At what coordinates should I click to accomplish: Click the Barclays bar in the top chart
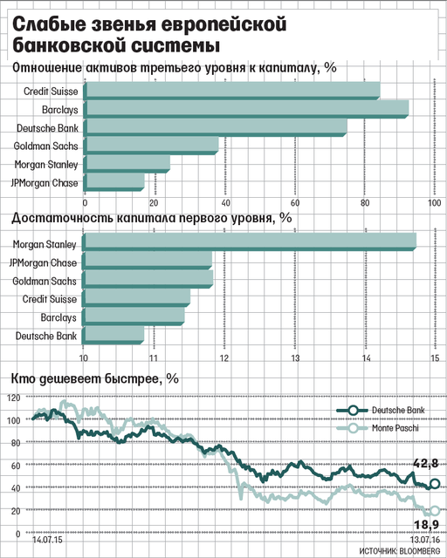pos(246,109)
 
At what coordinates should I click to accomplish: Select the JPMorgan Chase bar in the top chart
pos(114,182)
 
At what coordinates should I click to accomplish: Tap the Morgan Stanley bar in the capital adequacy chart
pos(249,242)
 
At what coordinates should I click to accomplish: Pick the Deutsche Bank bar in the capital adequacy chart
pos(113,335)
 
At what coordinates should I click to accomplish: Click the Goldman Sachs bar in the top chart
pos(151,146)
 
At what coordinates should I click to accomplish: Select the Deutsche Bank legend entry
pos(381,411)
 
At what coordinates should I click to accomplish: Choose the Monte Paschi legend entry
pos(378,427)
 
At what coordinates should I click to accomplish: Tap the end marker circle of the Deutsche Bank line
pos(435,483)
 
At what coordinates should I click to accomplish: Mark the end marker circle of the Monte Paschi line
pos(435,511)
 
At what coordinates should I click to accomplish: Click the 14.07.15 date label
pos(46,540)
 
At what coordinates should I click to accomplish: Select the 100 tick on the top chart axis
pos(434,203)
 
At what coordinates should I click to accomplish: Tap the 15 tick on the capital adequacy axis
pos(436,358)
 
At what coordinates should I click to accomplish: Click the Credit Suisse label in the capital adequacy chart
pos(50,299)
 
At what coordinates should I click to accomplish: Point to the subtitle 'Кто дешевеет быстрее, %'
pos(95,378)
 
